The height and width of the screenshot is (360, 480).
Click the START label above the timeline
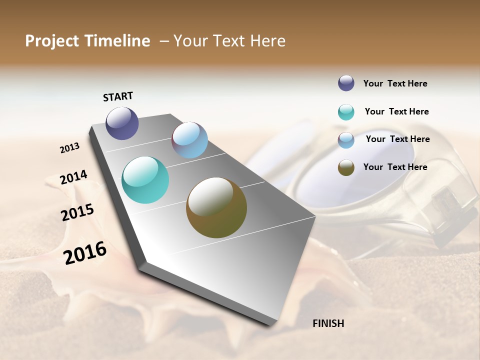pyautogui.click(x=118, y=96)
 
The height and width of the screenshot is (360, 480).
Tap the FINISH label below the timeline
pyautogui.click(x=328, y=323)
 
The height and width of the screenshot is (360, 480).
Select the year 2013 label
pyautogui.click(x=70, y=148)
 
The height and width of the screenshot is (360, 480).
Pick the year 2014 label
pyautogui.click(x=73, y=177)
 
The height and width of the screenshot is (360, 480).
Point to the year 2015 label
pyautogui.click(x=77, y=212)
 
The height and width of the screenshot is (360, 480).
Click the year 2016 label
pyautogui.click(x=85, y=252)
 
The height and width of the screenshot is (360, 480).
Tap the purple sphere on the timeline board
pyautogui.click(x=122, y=123)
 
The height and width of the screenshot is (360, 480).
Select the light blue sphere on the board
pyautogui.click(x=189, y=140)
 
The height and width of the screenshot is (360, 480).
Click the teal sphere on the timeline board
pyautogui.click(x=145, y=180)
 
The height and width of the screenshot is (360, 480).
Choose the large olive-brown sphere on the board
pyautogui.click(x=216, y=207)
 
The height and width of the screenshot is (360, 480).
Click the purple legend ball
pyautogui.click(x=346, y=83)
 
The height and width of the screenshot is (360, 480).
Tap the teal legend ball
pyautogui.click(x=346, y=112)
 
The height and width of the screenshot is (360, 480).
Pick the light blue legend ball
pyautogui.click(x=346, y=140)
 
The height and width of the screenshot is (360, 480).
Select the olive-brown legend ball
pyautogui.click(x=346, y=167)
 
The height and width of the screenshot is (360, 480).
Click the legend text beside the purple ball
pyautogui.click(x=395, y=83)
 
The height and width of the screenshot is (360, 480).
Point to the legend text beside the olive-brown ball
pyautogui.click(x=395, y=167)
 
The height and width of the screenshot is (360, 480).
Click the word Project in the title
pyautogui.click(x=52, y=41)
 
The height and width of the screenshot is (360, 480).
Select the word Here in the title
pyautogui.click(x=267, y=41)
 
